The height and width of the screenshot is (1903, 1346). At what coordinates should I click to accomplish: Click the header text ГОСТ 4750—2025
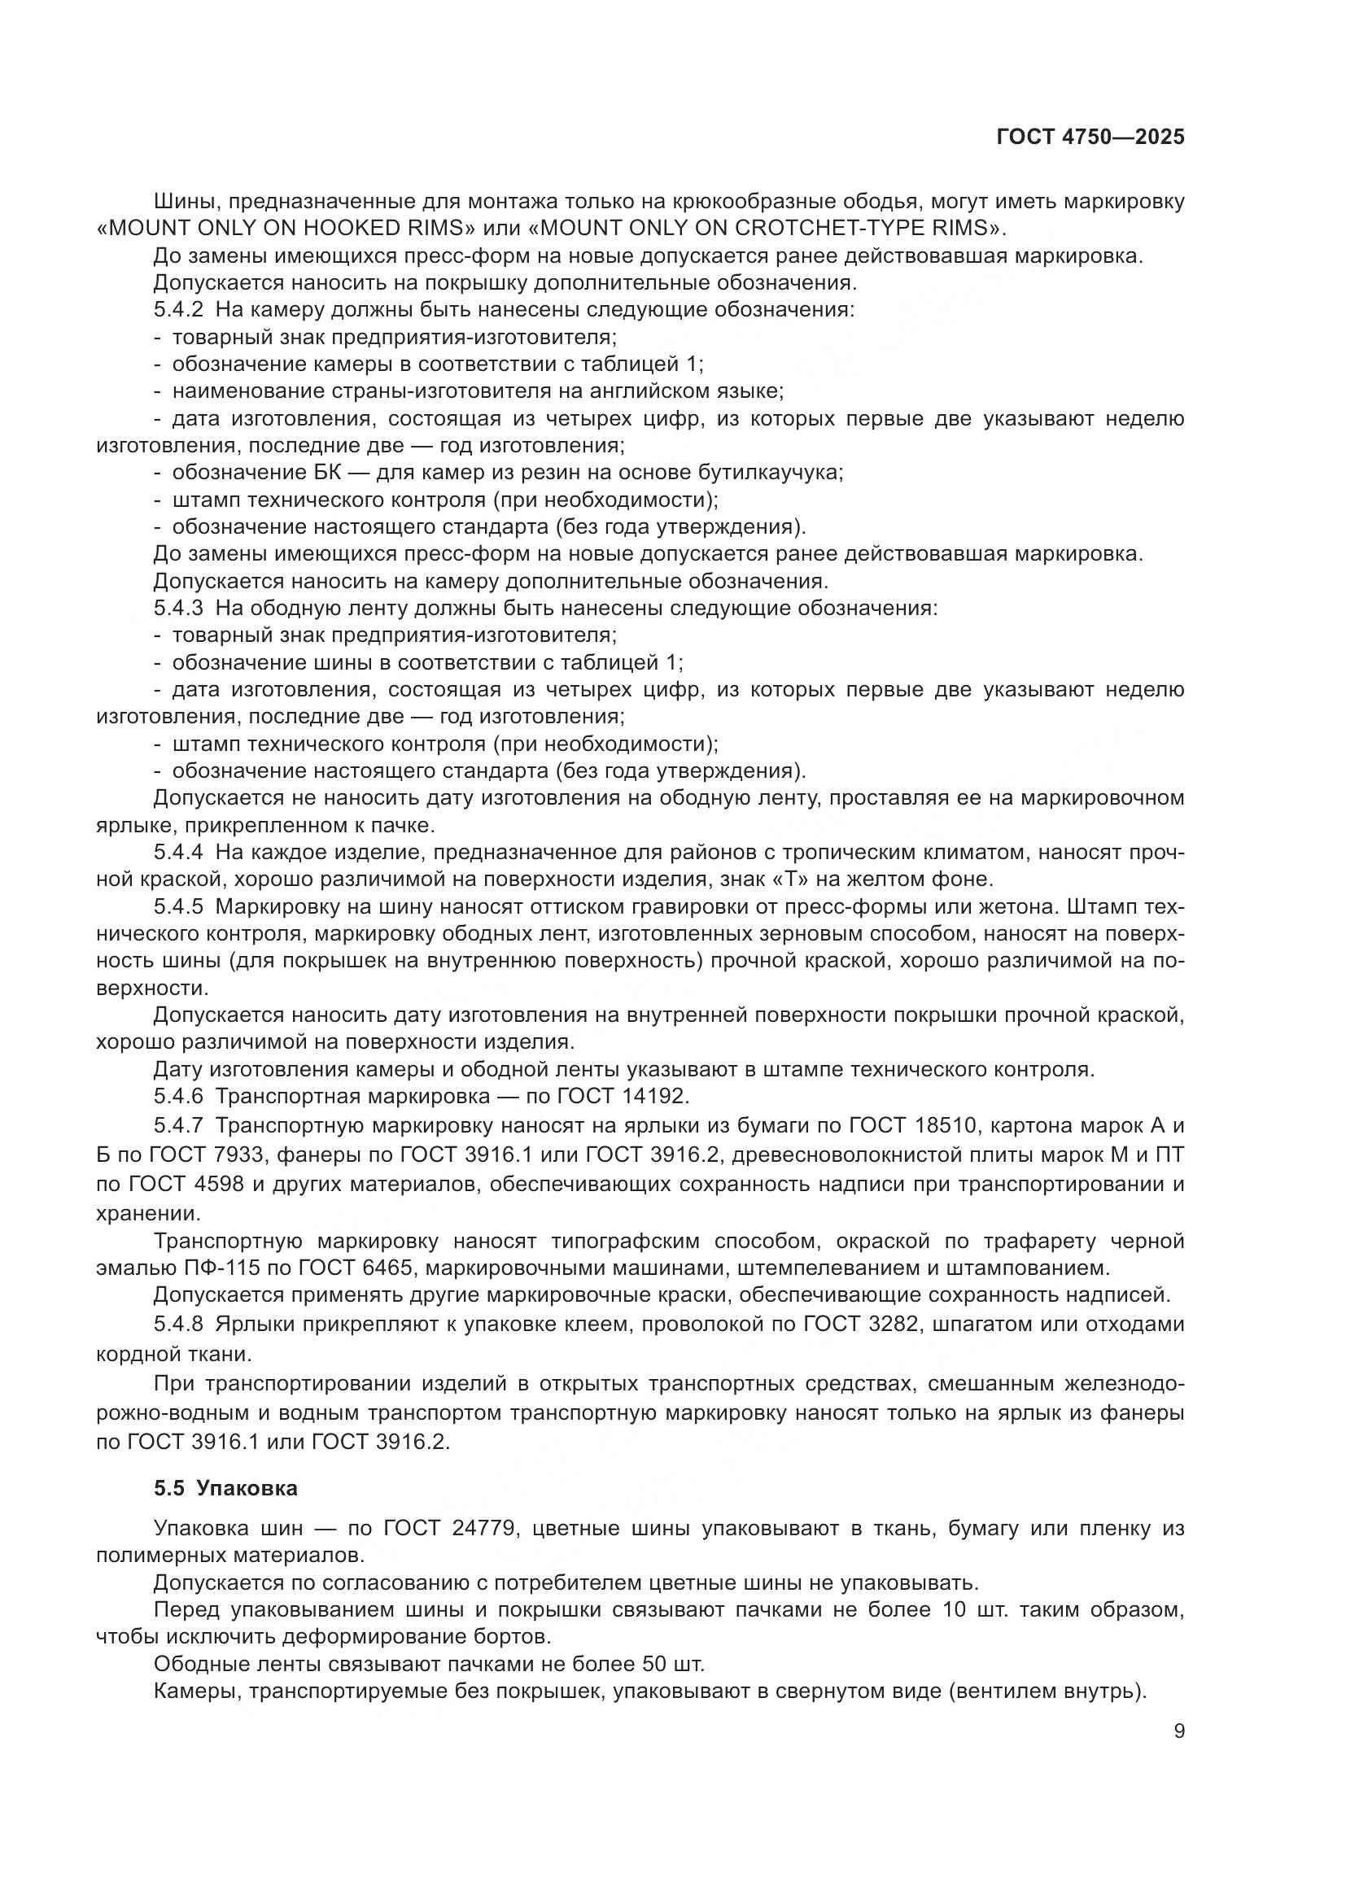tap(1090, 137)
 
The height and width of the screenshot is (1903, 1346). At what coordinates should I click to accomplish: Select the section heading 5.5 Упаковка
tap(225, 1488)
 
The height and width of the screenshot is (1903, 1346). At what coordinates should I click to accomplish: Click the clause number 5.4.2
tap(178, 310)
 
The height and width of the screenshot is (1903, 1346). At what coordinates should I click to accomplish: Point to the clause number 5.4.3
tap(178, 609)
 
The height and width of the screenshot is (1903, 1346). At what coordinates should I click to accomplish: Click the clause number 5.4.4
tap(178, 852)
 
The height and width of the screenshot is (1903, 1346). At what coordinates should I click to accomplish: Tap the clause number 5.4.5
tap(178, 906)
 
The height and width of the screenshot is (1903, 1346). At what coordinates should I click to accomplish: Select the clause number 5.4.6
tap(178, 1097)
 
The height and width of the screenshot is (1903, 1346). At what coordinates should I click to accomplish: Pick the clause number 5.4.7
tap(178, 1125)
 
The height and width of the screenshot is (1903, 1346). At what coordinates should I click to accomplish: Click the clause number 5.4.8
tap(178, 1325)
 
